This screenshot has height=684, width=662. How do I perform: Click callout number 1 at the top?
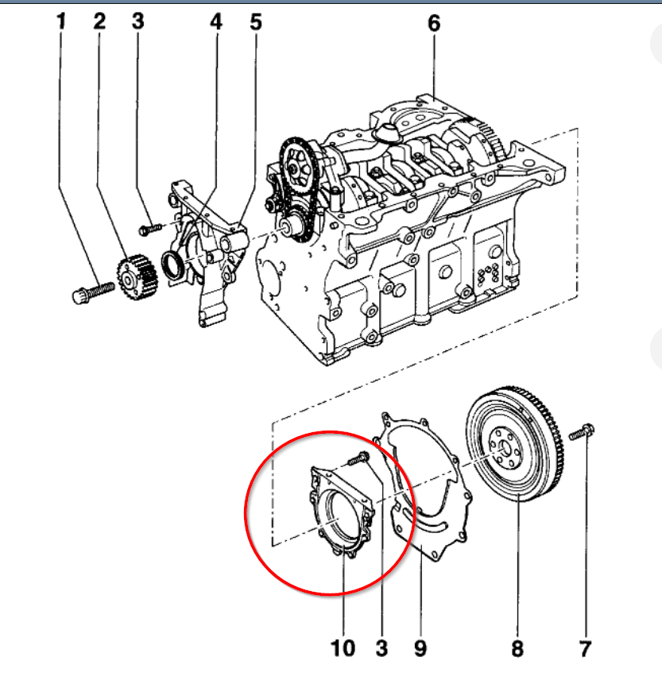tap(60, 22)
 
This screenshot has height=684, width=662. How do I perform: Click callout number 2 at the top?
tap(99, 22)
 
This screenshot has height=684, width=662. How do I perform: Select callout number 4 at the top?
tap(216, 22)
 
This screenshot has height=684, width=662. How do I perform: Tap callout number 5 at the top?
tap(255, 22)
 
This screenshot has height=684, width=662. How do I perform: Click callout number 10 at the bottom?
tap(343, 648)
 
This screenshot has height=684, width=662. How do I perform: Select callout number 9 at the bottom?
tap(420, 648)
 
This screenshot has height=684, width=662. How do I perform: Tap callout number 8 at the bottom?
tap(517, 648)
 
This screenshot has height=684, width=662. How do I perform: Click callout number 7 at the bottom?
tap(585, 648)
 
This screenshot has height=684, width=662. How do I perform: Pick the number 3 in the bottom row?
tap(381, 648)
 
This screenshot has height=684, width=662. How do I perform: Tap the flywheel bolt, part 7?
tap(583, 435)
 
